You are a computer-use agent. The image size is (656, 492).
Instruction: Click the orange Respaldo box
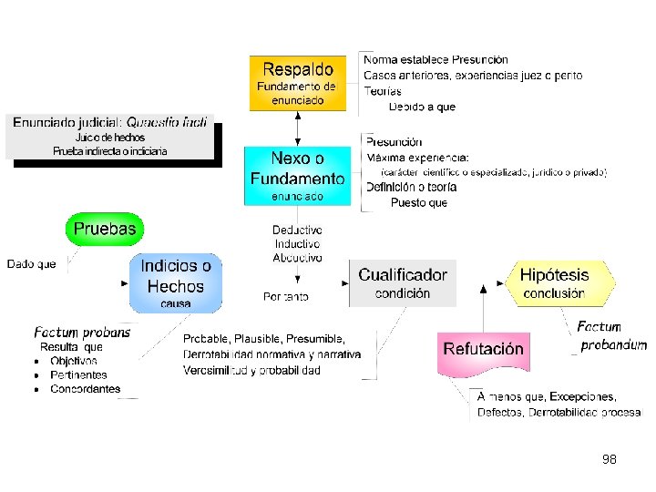pos(298,83)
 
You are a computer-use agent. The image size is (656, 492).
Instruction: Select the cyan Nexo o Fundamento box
pos(298,175)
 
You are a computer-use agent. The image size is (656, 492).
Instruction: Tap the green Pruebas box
pos(105,229)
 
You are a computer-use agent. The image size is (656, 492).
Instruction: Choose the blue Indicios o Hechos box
pos(176,282)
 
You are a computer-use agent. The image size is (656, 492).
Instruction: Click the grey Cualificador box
pos(403,282)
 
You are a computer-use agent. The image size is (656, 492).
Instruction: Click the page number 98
pos(610,459)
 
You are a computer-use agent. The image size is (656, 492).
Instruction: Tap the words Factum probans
pos(82,333)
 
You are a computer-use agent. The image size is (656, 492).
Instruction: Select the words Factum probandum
pos(611,336)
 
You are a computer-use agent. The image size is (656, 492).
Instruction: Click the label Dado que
pos(32,264)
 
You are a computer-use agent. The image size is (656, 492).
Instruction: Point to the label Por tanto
pos(285,296)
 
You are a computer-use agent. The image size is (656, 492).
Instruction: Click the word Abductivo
pos(297,258)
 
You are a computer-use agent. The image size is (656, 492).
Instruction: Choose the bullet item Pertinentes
pos(78,374)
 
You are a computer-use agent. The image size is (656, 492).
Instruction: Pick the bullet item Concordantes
pos(85,389)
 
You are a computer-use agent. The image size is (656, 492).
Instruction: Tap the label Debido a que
pos(422,107)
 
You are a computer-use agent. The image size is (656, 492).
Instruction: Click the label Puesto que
pos(419,202)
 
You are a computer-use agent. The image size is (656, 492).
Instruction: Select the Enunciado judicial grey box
pos(112,138)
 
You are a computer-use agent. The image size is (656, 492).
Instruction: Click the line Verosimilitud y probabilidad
pos(251,370)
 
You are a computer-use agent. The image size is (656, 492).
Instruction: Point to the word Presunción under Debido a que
pos(395,141)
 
